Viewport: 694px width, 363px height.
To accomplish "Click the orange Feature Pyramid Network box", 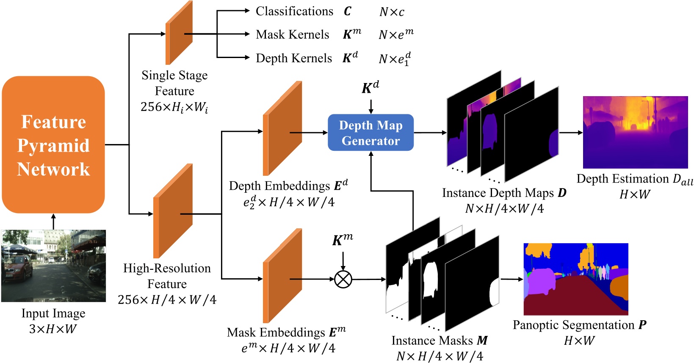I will point(53,144).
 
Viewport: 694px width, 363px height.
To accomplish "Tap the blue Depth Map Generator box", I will point(371,133).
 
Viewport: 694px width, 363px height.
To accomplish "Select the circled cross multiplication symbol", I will point(343,279).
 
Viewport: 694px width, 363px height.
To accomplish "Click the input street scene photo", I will point(53,266).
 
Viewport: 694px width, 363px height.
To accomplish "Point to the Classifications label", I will point(294,11).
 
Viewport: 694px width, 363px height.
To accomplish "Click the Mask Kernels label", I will point(292,35).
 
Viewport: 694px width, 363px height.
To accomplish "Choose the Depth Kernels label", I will point(294,58).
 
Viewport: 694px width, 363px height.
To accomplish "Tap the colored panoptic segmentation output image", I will point(576,279).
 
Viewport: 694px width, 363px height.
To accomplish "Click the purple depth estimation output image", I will point(635,132).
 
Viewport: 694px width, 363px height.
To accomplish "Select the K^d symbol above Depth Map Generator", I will point(370,88).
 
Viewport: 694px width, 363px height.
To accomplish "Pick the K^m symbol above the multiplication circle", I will point(342,240).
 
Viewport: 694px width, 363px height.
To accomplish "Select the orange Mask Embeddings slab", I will point(282,276).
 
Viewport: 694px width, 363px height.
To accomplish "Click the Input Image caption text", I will point(53,313).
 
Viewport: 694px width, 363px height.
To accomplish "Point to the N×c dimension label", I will point(392,12).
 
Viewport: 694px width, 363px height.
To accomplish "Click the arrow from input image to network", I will point(53,222).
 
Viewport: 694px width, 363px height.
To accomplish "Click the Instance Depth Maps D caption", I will point(504,193).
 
